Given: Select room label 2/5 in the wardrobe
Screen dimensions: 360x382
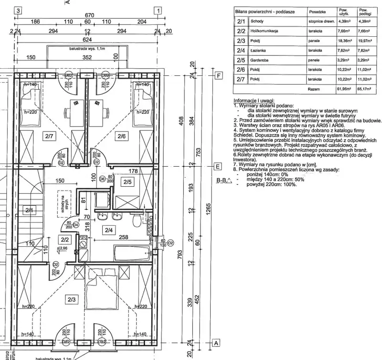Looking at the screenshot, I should point(128,182).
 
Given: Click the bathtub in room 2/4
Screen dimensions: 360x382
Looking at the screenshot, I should point(131,251).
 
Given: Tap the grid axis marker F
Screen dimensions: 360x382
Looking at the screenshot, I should point(219,76).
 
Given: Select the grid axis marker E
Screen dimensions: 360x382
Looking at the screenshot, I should point(217,167).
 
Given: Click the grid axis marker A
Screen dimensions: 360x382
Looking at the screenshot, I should point(215,343).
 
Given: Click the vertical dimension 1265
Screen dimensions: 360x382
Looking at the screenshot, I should point(208,209).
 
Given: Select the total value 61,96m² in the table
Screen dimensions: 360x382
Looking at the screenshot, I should point(341,89).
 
